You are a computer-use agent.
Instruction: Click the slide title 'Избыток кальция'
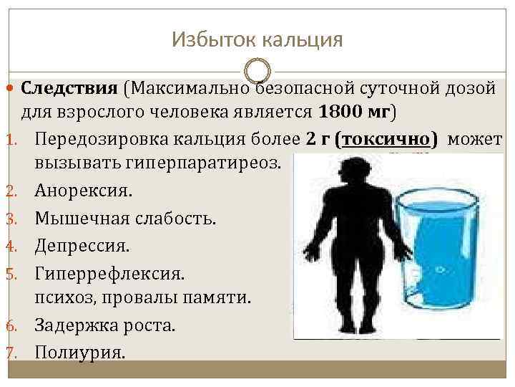pos(257,39)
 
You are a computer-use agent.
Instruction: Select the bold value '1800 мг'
pos(354,112)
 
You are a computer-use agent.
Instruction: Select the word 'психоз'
pos(62,298)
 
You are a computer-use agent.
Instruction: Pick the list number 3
pos(11,219)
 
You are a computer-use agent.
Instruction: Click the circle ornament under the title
pos(257,71)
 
